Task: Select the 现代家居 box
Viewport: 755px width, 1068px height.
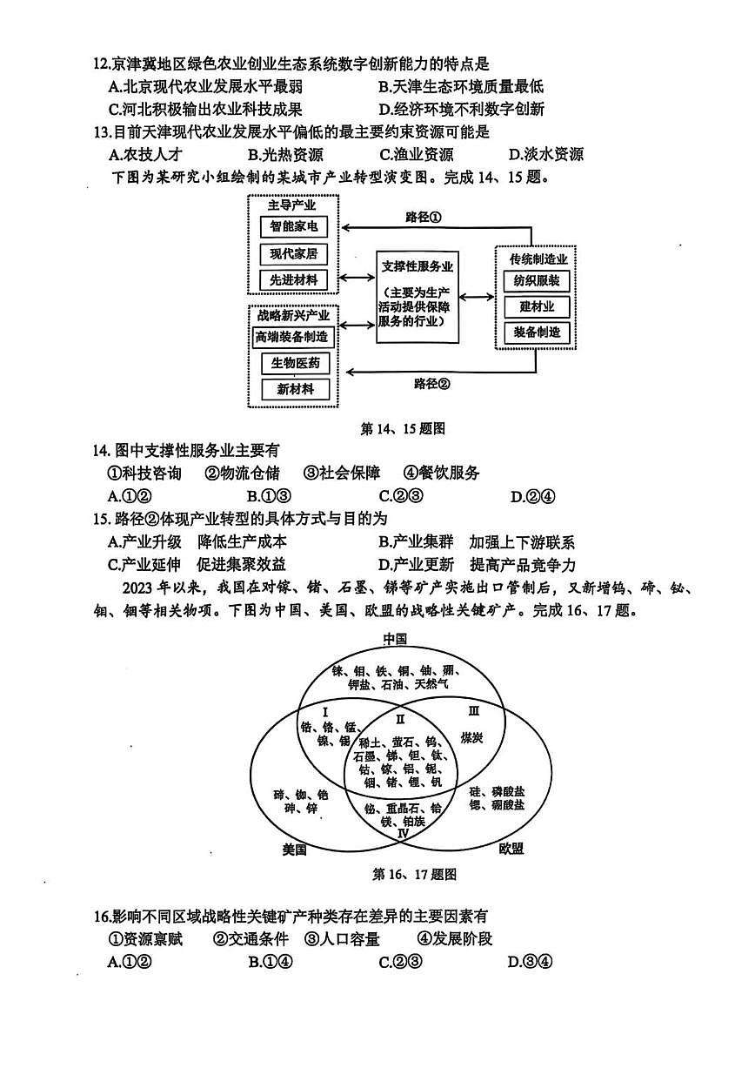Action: click(x=294, y=254)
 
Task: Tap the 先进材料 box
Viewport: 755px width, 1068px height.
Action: click(x=294, y=279)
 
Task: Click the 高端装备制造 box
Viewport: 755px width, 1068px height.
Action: click(x=293, y=337)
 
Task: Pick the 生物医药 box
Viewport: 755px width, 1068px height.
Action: click(x=296, y=363)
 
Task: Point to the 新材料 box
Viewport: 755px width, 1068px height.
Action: click(x=296, y=389)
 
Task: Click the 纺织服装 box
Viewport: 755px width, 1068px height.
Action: click(x=537, y=281)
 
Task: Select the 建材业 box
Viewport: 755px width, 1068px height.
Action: click(x=537, y=306)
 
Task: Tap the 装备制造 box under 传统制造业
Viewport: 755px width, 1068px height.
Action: click(x=537, y=332)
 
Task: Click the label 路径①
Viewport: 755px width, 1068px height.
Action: click(x=424, y=217)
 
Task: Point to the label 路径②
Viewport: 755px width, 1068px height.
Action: click(x=432, y=383)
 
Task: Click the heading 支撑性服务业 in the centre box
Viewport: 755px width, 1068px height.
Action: click(x=418, y=266)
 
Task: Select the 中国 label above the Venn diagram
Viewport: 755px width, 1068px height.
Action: click(x=396, y=639)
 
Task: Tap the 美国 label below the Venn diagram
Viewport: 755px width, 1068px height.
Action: click(x=295, y=849)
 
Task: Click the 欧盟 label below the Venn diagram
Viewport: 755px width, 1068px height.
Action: click(x=511, y=849)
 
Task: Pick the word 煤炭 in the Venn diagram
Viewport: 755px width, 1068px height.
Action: click(x=473, y=736)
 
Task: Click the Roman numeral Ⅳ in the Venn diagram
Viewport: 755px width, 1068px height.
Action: click(x=403, y=833)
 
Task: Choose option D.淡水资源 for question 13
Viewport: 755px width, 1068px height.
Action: click(x=545, y=155)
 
